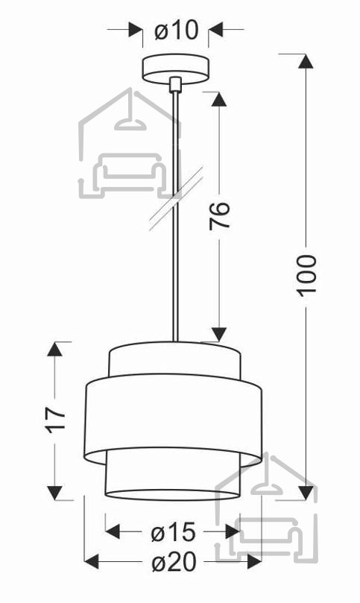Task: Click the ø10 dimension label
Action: pyautogui.click(x=177, y=31)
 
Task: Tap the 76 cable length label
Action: pyautogui.click(x=219, y=215)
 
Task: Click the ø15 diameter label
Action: pyautogui.click(x=174, y=532)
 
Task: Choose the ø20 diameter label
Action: pyautogui.click(x=174, y=562)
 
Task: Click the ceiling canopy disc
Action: pyautogui.click(x=176, y=69)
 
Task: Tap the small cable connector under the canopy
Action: pyautogui.click(x=175, y=84)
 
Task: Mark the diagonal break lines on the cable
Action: pyautogui.click(x=176, y=199)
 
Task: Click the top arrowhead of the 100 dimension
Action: pyautogui.click(x=306, y=61)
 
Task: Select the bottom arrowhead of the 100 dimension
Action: pyautogui.click(x=306, y=493)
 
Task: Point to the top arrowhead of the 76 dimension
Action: pyautogui.click(x=219, y=99)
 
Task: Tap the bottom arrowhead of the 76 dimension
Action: pyautogui.click(x=219, y=334)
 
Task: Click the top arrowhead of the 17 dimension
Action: pyautogui.click(x=54, y=349)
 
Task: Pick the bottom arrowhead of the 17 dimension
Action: pyautogui.click(x=54, y=493)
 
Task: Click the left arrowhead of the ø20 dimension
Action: pyautogui.click(x=92, y=562)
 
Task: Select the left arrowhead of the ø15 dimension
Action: pyautogui.click(x=113, y=532)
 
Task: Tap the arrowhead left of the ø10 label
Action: pyautogui.click(x=135, y=29)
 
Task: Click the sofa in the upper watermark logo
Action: pyautogui.click(x=129, y=174)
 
